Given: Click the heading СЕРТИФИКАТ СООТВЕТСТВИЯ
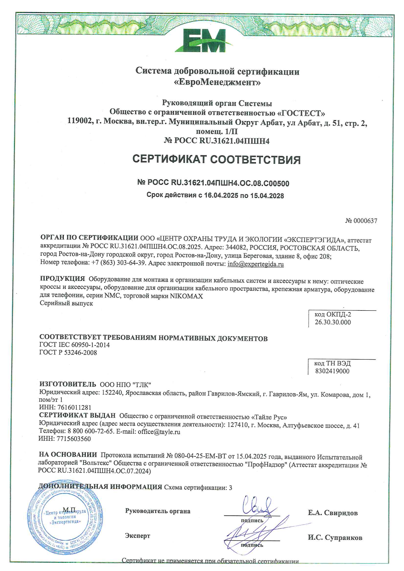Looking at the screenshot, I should pos(216,159).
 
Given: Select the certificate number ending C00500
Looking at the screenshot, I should pos(213,183).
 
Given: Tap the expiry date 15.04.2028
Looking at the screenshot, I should pos(267,195).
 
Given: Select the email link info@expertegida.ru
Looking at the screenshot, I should pos(256,264).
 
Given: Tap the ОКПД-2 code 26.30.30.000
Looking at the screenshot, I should pos(333,322).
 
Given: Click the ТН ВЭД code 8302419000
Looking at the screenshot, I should pos(332,371).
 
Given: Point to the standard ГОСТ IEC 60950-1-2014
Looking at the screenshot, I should pos(74,345).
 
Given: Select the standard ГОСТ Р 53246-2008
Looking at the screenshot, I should pos(68,353).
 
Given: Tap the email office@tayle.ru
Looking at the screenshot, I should pos(159,432).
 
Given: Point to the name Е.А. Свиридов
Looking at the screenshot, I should pos(332,513).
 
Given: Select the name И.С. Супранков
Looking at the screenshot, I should pos(335,538).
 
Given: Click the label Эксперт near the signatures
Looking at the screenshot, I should pos(137,536).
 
